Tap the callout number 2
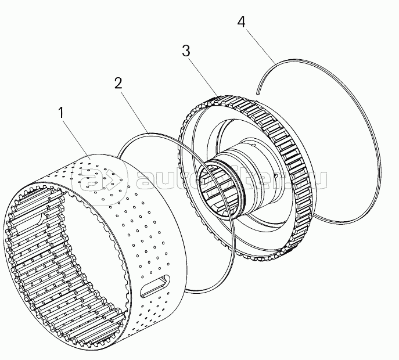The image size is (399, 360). point(118,83)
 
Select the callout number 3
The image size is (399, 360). point(186,51)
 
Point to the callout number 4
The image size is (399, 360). point(242,23)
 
